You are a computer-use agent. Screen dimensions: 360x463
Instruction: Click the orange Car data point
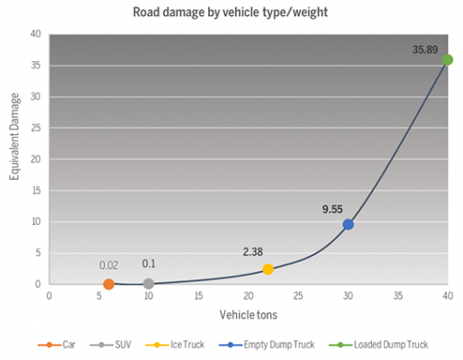(109, 284)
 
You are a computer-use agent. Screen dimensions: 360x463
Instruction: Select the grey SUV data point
(149, 284)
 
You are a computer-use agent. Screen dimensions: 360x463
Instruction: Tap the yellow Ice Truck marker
(268, 269)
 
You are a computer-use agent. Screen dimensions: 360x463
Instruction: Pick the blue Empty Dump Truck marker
(348, 224)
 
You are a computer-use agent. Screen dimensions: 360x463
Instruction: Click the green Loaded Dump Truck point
(448, 59)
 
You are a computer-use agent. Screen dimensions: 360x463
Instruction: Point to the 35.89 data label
(425, 49)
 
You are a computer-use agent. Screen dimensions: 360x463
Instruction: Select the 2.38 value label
(254, 252)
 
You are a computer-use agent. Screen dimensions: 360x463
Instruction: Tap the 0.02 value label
(108, 265)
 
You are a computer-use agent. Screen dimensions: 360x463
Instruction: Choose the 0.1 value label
(149, 264)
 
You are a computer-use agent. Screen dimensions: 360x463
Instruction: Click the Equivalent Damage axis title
(14, 160)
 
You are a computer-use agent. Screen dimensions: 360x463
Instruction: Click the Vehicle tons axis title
(248, 316)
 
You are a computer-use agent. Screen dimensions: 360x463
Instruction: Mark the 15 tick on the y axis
(37, 191)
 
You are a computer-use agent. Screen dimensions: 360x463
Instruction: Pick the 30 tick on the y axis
(37, 97)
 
